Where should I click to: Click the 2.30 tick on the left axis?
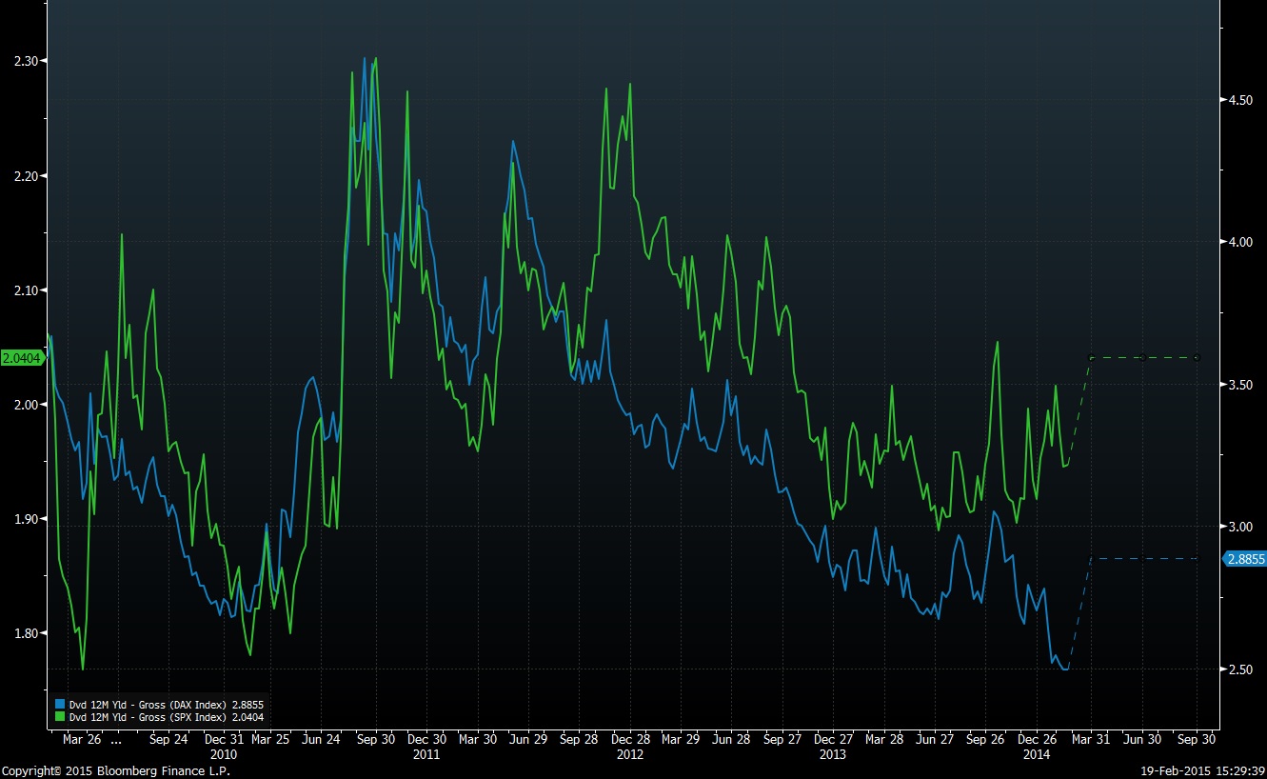click(25, 61)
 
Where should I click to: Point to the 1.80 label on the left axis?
click(25, 633)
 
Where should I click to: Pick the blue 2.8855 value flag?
click(1245, 559)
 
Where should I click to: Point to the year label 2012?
click(630, 753)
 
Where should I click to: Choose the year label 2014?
click(1037, 753)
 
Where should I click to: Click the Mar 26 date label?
click(81, 739)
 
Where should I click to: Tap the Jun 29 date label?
click(528, 739)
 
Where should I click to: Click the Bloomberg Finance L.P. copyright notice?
click(115, 770)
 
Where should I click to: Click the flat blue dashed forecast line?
click(1142, 558)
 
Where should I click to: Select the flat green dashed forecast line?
click(1142, 358)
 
